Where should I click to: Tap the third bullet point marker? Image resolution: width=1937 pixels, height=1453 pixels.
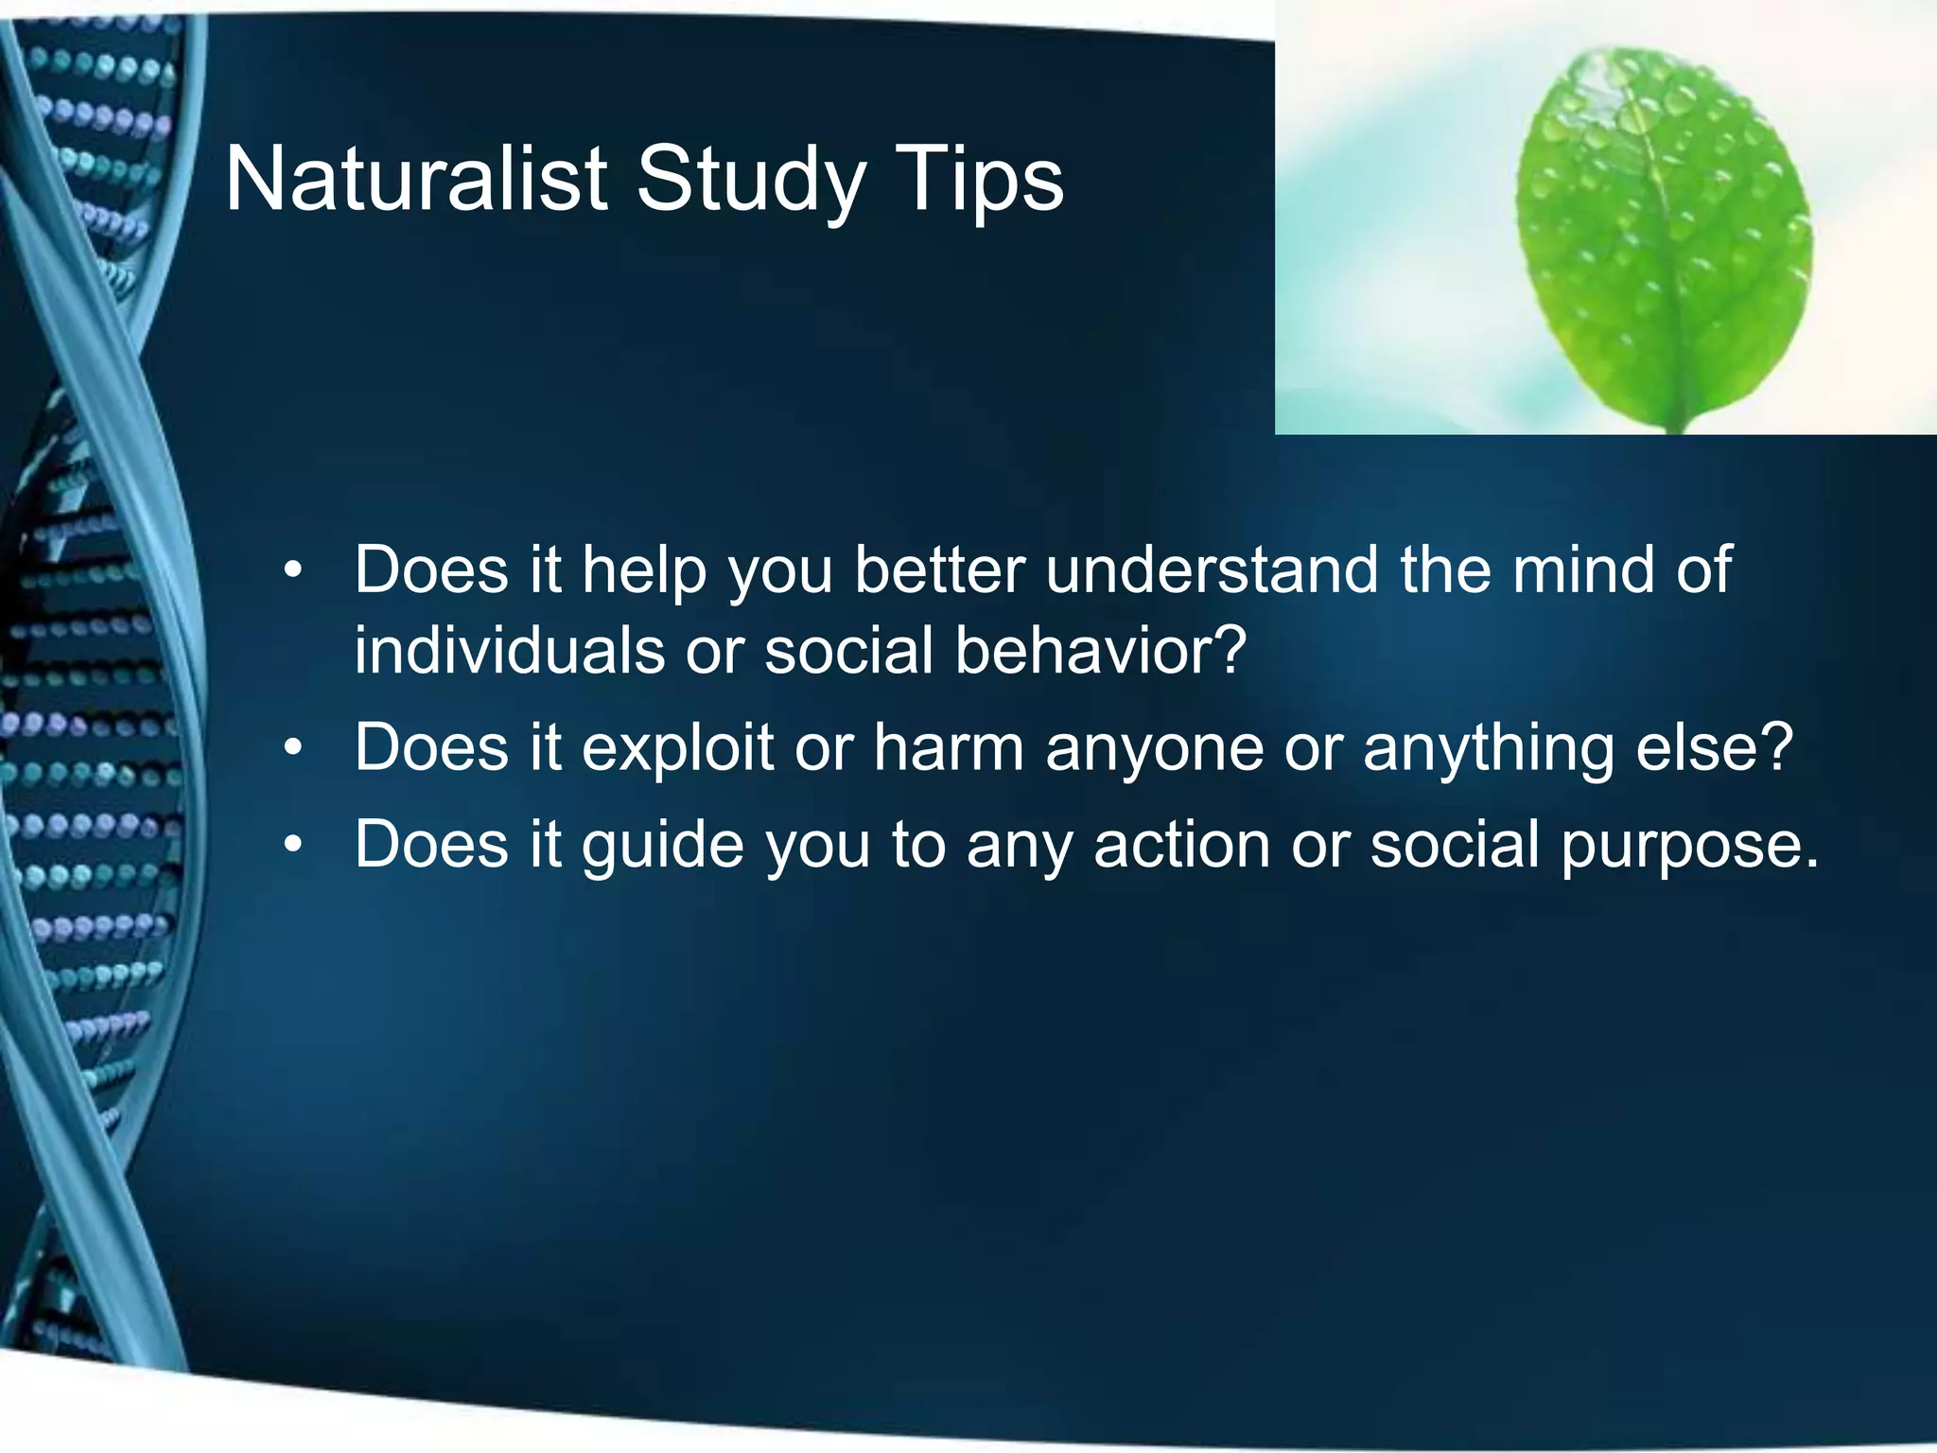click(294, 844)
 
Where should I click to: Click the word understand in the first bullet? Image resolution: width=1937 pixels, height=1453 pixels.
click(1212, 569)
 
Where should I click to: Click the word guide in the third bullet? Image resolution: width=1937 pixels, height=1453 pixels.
click(662, 846)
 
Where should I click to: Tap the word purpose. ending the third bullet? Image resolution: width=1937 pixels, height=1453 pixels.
click(1689, 846)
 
